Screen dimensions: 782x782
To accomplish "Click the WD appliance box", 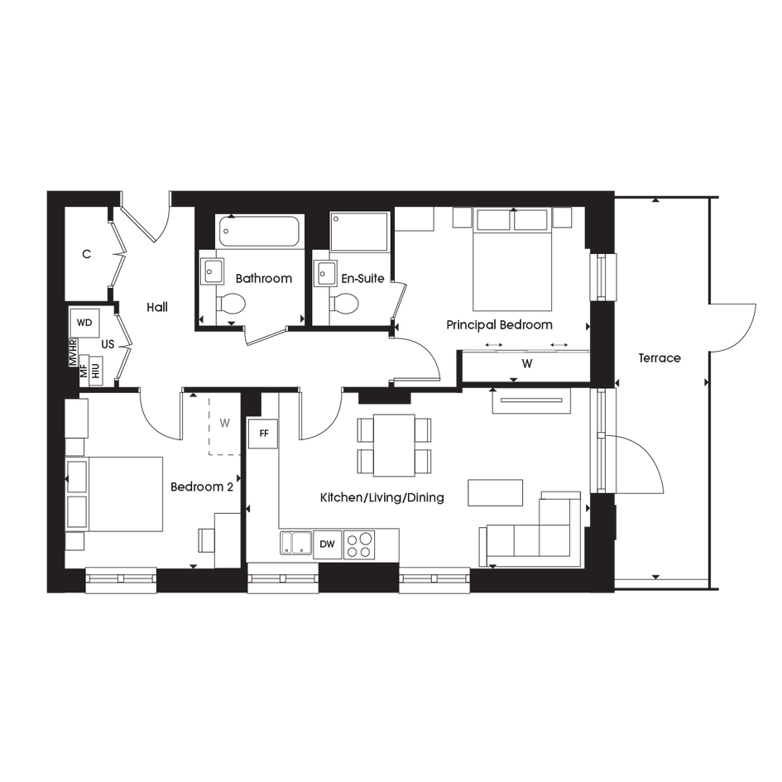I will [x=84, y=322].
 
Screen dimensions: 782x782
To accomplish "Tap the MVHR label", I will [x=73, y=353].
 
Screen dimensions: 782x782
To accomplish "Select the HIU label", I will [x=96, y=369].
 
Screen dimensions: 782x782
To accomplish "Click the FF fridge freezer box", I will [x=264, y=433].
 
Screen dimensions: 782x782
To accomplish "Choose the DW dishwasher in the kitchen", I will [x=328, y=544].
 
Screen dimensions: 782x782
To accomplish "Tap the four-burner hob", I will [x=359, y=544].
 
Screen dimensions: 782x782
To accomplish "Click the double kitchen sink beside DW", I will [x=295, y=543].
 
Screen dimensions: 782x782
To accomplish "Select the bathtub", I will [x=260, y=231].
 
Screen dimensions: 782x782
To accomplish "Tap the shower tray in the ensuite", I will [x=359, y=231].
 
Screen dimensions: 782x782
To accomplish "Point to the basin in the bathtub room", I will [x=209, y=271].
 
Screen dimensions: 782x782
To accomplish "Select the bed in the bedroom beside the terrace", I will [x=511, y=266].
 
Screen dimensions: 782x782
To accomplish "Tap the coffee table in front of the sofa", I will [x=496, y=492].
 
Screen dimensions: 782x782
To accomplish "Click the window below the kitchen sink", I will [x=284, y=579].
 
